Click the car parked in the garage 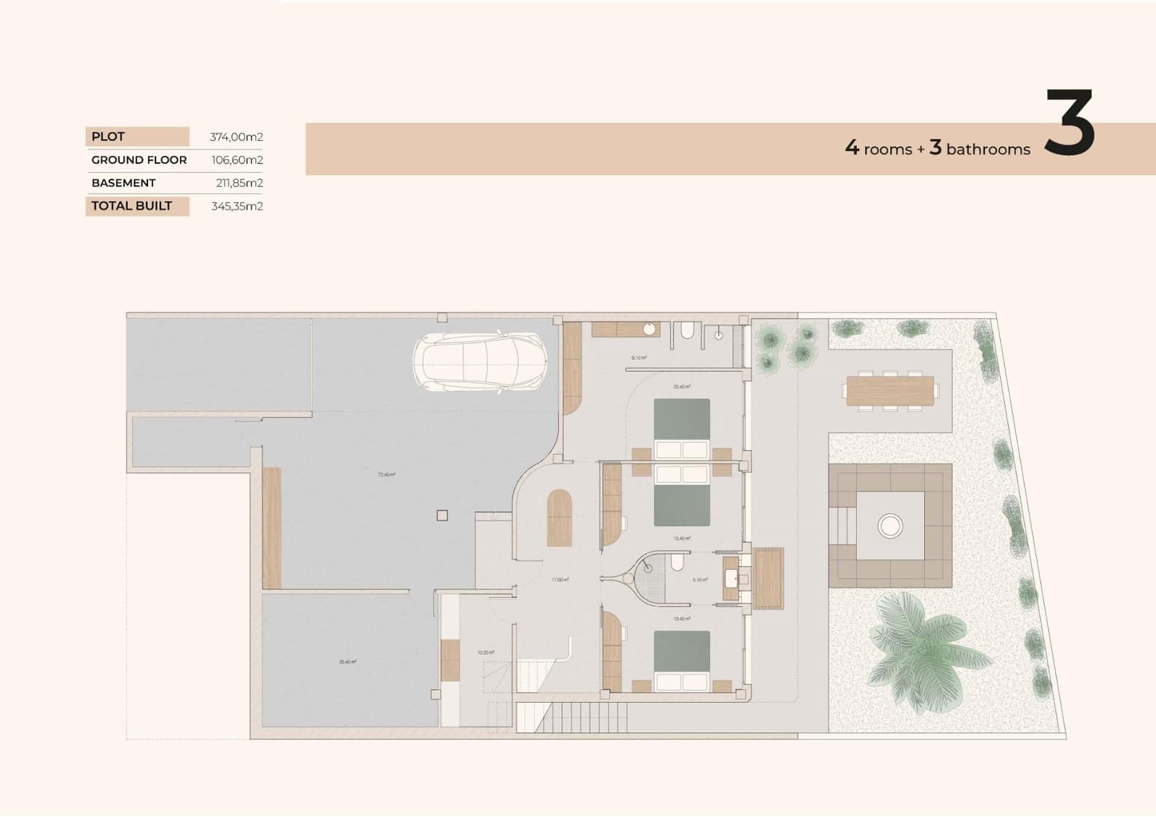(x=478, y=362)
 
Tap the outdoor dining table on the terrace (x=890, y=391)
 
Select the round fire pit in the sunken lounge (x=890, y=525)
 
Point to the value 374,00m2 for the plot (x=236, y=137)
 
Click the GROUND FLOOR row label (x=139, y=160)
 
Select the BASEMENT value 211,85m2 (x=239, y=183)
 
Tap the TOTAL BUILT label (x=131, y=206)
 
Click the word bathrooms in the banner (x=988, y=150)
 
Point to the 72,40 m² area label (x=387, y=475)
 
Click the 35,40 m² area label (x=348, y=662)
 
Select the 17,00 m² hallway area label (x=560, y=580)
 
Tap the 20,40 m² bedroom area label (x=682, y=387)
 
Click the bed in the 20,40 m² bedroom (x=682, y=429)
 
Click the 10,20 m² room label (x=486, y=653)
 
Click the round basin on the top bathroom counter (x=650, y=330)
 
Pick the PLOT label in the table (x=108, y=137)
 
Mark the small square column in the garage (x=442, y=516)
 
